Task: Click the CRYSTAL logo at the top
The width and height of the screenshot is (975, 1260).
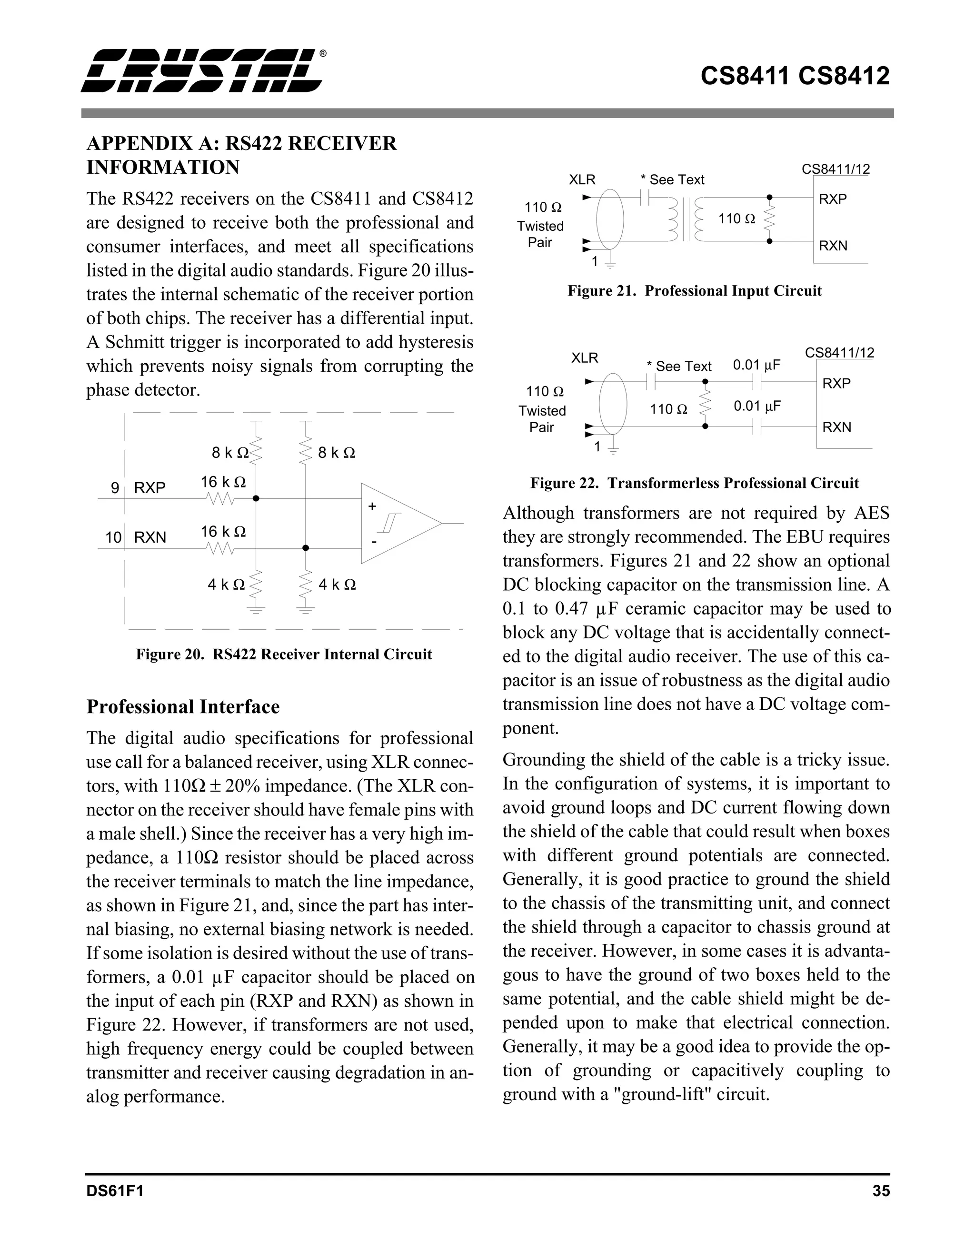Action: [x=201, y=71]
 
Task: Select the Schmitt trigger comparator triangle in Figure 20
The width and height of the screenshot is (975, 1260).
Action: [x=398, y=523]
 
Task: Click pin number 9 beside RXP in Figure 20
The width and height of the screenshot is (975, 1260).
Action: [x=115, y=488]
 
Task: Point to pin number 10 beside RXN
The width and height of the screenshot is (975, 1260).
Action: [x=113, y=538]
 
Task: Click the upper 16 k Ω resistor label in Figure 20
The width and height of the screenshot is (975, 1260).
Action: [x=223, y=482]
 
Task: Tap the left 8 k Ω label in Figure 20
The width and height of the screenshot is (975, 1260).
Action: [x=229, y=453]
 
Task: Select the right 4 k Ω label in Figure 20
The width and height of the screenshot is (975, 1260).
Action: [x=337, y=585]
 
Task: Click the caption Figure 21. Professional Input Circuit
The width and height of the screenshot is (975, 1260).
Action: [x=694, y=291]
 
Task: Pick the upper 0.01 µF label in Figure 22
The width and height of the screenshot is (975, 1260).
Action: [x=756, y=365]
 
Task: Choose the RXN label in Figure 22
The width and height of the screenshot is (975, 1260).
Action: [x=836, y=427]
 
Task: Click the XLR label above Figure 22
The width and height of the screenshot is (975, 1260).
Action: [x=585, y=358]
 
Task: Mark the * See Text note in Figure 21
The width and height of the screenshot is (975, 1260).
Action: [x=673, y=180]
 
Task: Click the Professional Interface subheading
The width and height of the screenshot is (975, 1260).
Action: [x=183, y=707]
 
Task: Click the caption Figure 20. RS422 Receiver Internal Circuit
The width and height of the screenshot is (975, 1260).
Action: [x=284, y=654]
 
